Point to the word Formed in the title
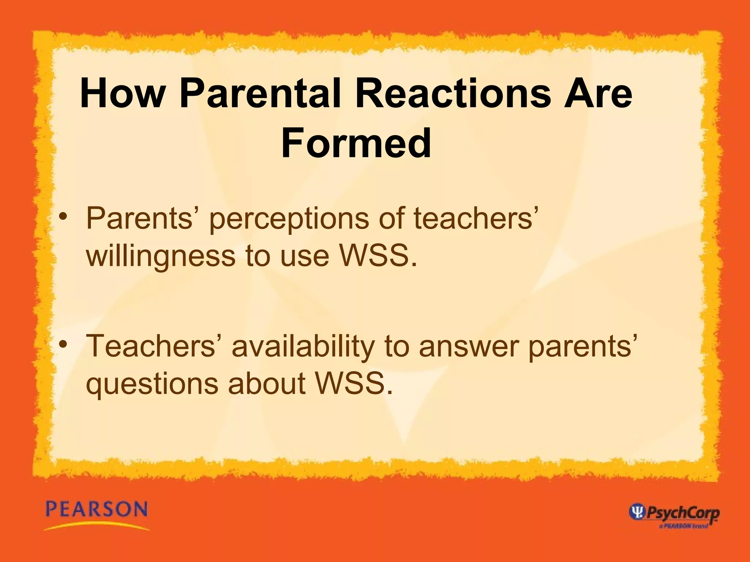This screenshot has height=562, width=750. point(356,143)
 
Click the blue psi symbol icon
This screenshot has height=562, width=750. point(636,512)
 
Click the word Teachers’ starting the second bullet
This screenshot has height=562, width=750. point(150,346)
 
